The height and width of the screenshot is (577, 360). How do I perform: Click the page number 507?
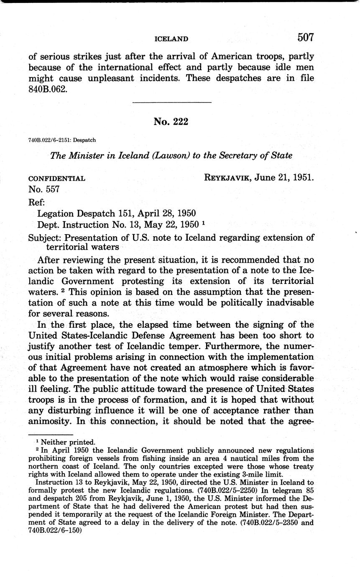point(305,38)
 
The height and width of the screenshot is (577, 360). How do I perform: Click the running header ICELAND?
point(171,39)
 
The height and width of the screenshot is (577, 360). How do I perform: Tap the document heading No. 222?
point(171,122)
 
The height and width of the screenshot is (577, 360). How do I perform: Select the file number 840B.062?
point(47,89)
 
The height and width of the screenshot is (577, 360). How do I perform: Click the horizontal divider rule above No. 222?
point(171,102)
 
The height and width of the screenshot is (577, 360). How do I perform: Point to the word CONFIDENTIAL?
point(57,179)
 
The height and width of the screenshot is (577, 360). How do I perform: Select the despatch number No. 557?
point(44,189)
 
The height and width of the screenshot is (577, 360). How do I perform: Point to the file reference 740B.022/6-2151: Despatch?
point(63,140)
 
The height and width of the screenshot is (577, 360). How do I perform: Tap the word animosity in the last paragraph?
point(50,421)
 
